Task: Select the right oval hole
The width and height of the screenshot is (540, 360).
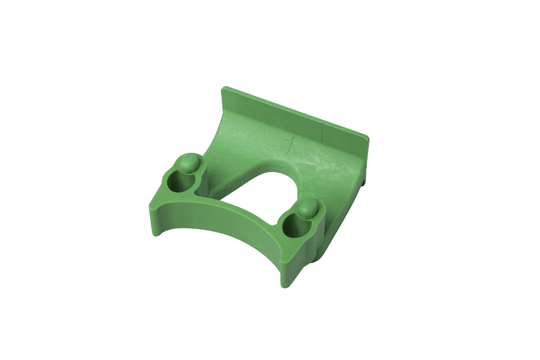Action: pyautogui.click(x=293, y=225)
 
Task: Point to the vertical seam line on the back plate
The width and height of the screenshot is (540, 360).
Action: pyautogui.click(x=323, y=135)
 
